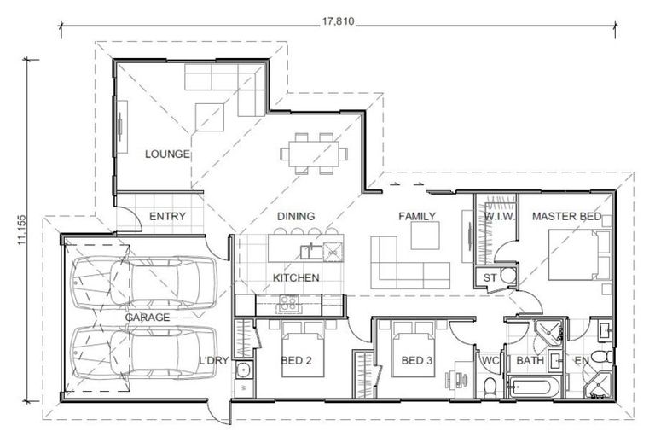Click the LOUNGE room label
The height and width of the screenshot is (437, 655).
(167, 154)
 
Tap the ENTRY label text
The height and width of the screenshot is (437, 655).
(168, 217)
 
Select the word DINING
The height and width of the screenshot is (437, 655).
(296, 217)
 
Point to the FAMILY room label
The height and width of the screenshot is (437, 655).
(417, 217)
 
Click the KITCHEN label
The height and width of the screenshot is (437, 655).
(296, 278)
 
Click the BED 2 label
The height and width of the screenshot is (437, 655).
(296, 360)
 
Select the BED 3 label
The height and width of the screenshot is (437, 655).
(417, 360)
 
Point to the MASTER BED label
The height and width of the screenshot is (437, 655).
(566, 217)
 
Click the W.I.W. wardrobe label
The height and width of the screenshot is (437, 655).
(497, 217)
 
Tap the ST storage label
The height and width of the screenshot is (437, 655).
(490, 277)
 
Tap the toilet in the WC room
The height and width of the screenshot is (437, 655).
(490, 387)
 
